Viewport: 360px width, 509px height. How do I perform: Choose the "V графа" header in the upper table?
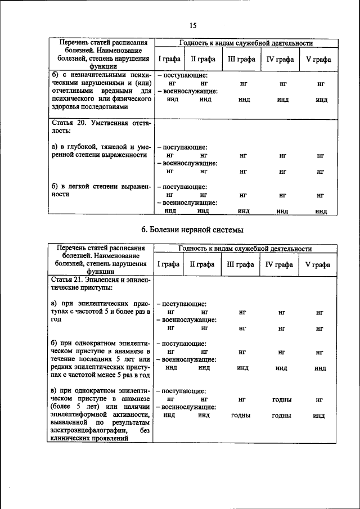pos(318,59)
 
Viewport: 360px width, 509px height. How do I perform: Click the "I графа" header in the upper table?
pos(168,59)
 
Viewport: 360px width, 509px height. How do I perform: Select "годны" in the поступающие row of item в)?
pos(281,399)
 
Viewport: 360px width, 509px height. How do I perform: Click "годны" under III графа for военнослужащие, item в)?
pos(241,416)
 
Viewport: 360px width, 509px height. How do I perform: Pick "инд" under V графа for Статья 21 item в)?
pos(319,416)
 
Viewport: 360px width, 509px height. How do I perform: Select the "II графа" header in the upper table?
pos(201,59)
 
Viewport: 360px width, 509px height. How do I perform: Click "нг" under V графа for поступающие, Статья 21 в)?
pos(319,399)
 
